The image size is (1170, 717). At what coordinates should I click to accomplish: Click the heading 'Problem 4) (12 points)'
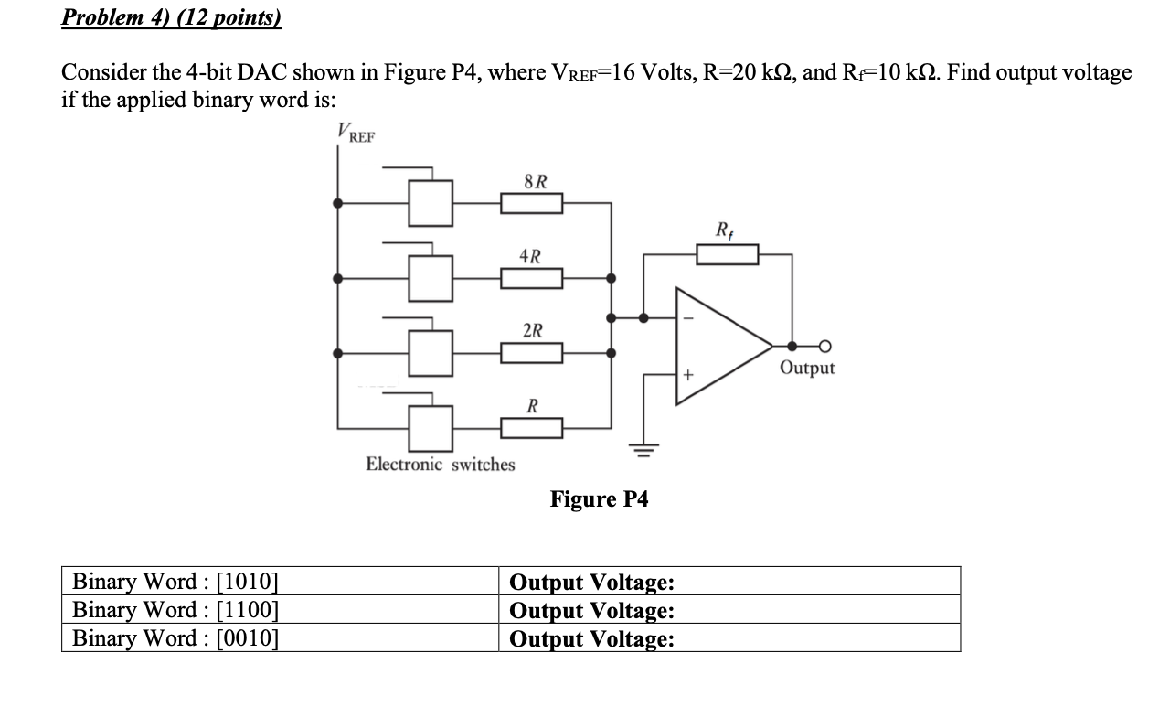click(171, 18)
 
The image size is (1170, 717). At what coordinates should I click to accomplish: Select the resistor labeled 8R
click(531, 203)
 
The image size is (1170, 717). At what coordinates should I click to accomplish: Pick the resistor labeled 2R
click(531, 352)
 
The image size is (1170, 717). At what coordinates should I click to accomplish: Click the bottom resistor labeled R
click(531, 426)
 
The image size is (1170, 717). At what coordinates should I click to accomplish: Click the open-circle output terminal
click(824, 346)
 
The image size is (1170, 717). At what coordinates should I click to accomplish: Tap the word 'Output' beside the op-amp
click(807, 368)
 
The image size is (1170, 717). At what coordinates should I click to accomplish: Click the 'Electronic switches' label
click(440, 465)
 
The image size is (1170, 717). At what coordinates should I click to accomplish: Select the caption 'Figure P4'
click(599, 499)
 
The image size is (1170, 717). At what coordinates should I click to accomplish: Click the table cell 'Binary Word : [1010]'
click(175, 582)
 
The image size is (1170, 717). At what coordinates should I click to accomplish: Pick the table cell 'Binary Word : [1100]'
click(175, 610)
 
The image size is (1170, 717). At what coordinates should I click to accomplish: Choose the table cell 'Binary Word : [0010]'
click(175, 638)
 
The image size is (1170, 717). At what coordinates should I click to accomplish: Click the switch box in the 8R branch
click(430, 203)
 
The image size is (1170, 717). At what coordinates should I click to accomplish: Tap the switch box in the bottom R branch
click(430, 426)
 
